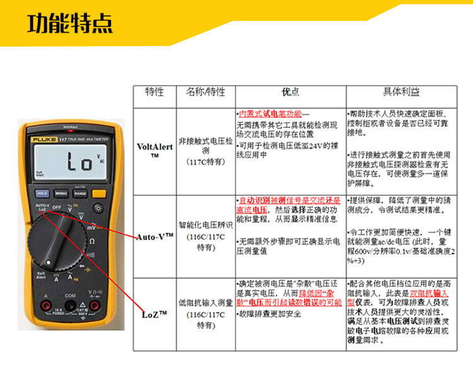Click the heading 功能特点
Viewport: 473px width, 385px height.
coord(71,23)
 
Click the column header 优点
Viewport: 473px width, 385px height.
coord(290,92)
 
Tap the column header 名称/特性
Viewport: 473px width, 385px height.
coord(205,92)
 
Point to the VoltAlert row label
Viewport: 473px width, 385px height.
coord(154,150)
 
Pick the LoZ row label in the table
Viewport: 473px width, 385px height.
coord(154,313)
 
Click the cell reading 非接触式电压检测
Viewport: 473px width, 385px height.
coord(205,146)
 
